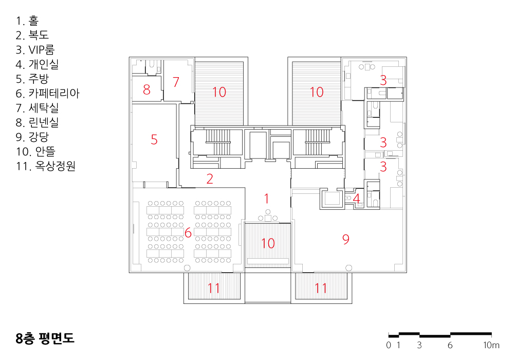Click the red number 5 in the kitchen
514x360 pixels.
[x=154, y=140]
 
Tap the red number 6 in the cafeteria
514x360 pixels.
[x=188, y=233]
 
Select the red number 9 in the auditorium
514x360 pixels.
[x=346, y=239]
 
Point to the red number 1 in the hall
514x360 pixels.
[x=266, y=199]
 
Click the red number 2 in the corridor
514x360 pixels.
[x=210, y=178]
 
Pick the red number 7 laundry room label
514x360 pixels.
[x=176, y=82]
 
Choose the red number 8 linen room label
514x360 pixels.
[x=146, y=89]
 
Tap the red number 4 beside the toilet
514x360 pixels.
[x=356, y=199]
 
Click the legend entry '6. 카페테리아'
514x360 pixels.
[x=47, y=94]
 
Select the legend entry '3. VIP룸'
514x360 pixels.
[x=35, y=50]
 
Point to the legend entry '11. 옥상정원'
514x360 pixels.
[x=46, y=166]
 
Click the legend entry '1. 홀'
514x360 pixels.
[x=27, y=21]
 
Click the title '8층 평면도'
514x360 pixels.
[x=45, y=338]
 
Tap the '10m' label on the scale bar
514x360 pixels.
[x=491, y=345]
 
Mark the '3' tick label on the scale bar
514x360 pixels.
[x=419, y=345]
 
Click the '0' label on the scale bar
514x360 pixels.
[x=389, y=345]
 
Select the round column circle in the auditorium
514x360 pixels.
[x=349, y=268]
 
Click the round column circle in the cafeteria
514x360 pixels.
[x=187, y=268]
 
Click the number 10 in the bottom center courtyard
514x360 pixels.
[x=268, y=243]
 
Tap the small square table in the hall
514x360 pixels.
[x=268, y=218]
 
